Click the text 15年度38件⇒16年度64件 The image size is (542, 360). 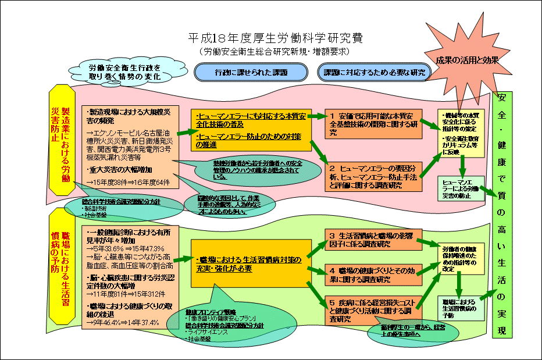pos(129,182)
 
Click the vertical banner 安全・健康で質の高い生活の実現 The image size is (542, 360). pos(502,215)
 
